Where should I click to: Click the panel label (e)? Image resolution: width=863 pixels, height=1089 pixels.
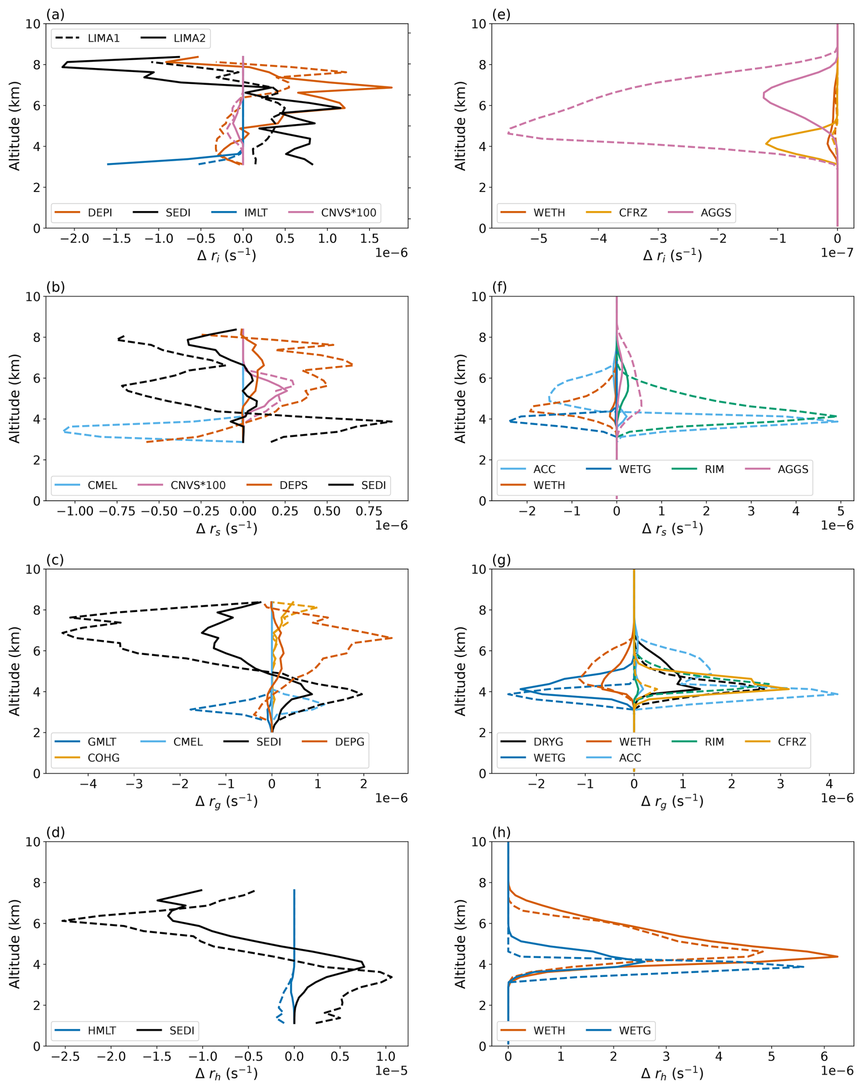pyautogui.click(x=501, y=15)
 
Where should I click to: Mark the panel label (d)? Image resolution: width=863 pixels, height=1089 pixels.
pyautogui.click(x=56, y=832)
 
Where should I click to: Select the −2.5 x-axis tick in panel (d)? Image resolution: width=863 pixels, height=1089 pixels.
pyautogui.click(x=66, y=1057)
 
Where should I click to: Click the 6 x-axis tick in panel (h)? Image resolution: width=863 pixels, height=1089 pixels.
pyautogui.click(x=825, y=1057)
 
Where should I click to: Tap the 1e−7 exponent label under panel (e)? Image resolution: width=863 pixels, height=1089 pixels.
pyautogui.click(x=837, y=253)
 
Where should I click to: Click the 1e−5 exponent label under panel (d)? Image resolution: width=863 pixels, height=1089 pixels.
pyautogui.click(x=391, y=1071)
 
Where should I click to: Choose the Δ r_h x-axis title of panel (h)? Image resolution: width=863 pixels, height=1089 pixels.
pyautogui.click(x=672, y=1073)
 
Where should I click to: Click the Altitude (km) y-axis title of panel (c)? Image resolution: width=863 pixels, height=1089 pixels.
pyautogui.click(x=14, y=671)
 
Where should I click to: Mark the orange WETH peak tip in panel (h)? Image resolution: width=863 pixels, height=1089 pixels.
pyautogui.click(x=837, y=957)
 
